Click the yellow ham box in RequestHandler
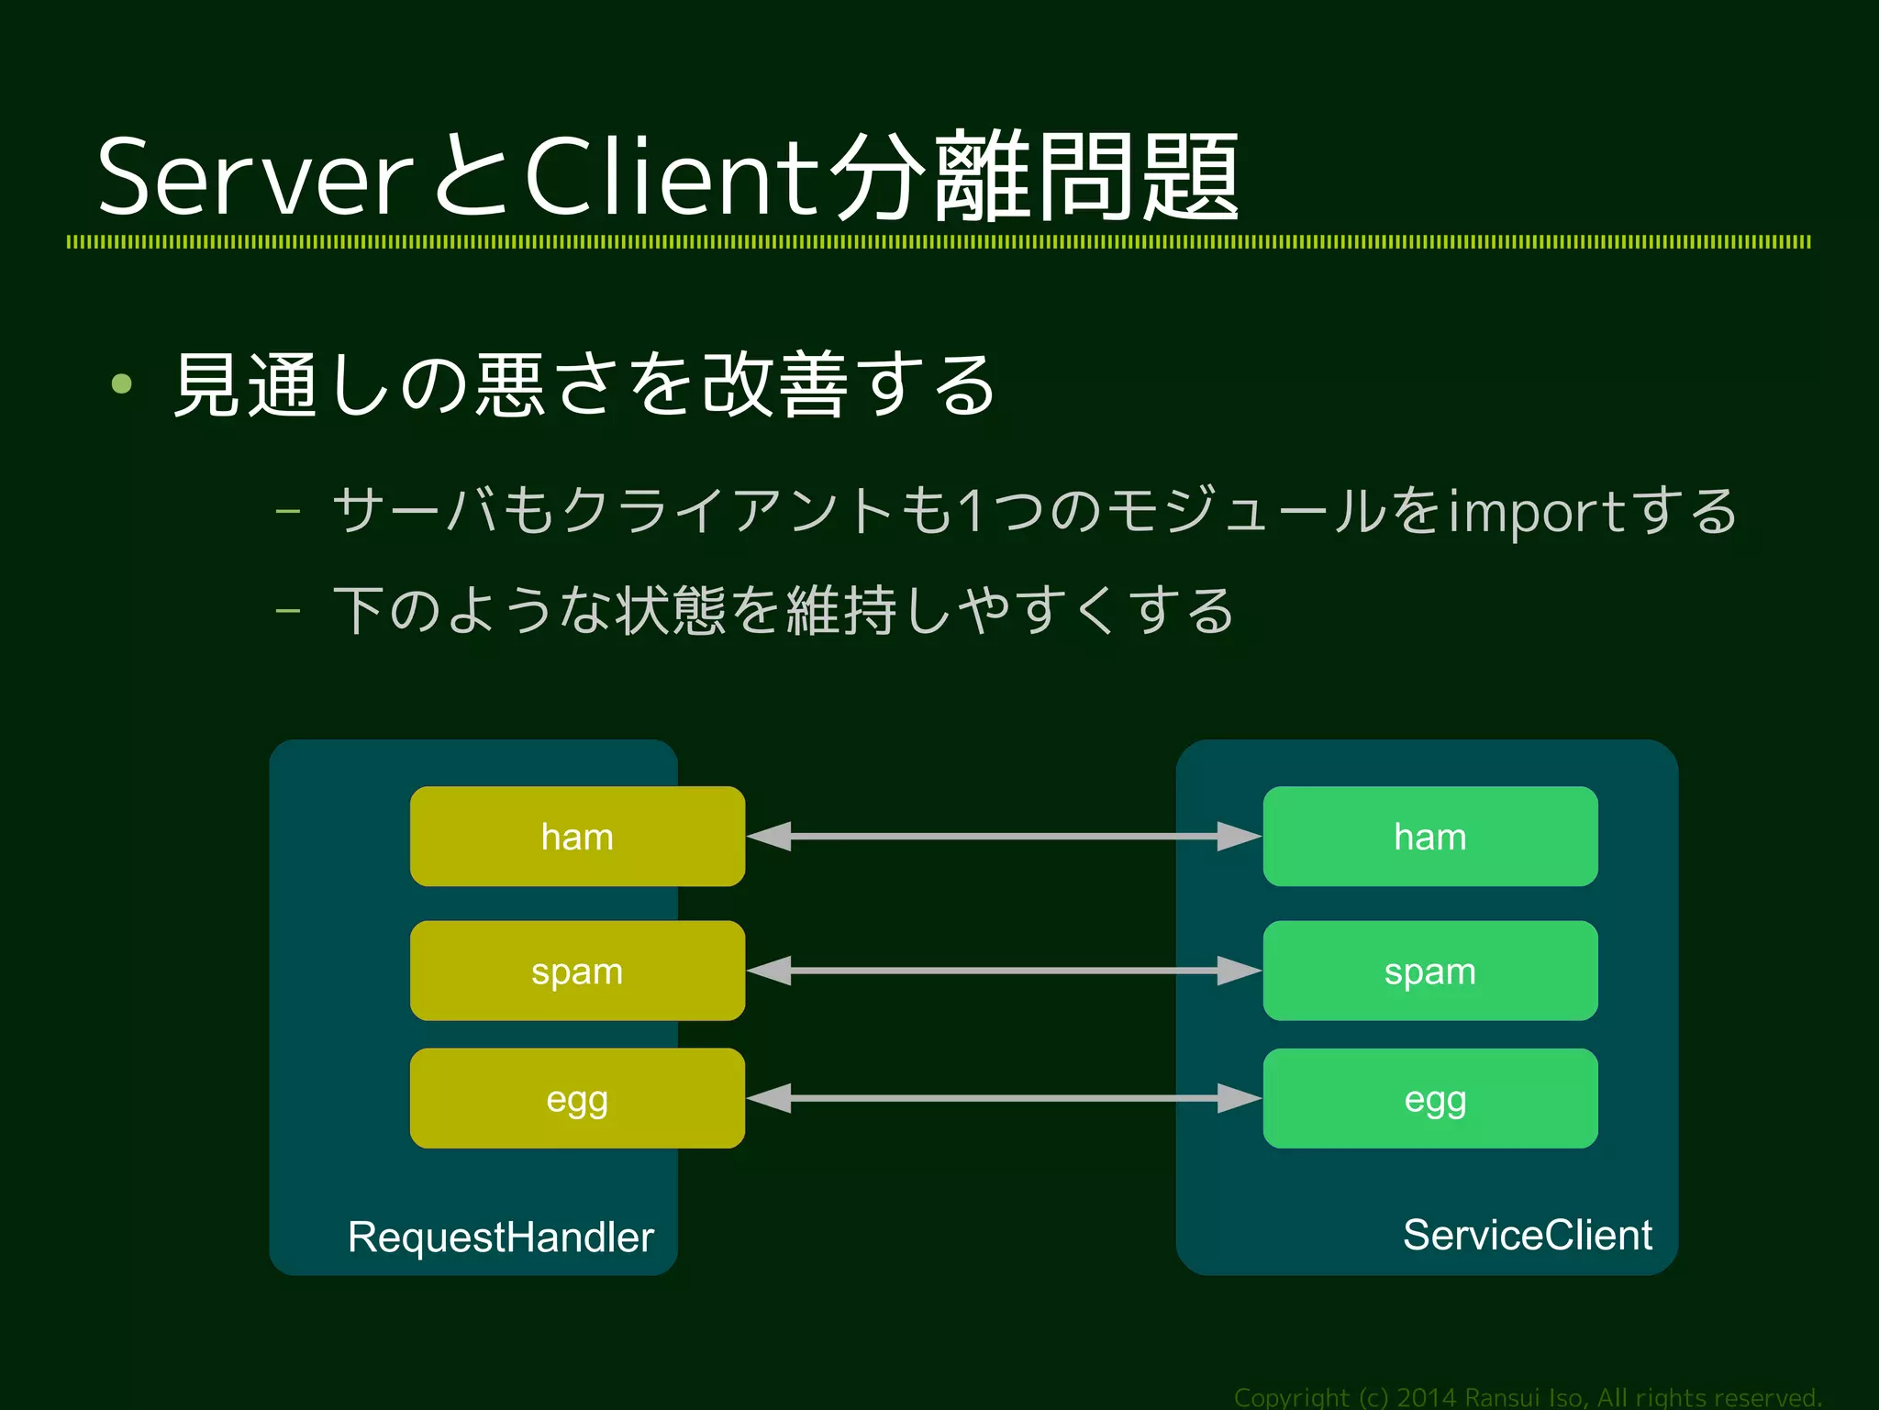pos(577,836)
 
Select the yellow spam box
pos(577,971)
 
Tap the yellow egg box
pos(577,1098)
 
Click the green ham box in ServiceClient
pos(1430,836)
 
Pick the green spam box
pos(1430,971)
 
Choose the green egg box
pos(1430,1098)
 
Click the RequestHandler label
pos(501,1237)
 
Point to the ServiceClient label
pos(1527,1235)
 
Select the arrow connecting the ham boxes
pos(1004,837)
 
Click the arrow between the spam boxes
pos(1004,971)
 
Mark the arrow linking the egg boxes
pos(1004,1098)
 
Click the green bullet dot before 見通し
pos(121,383)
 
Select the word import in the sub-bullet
pos(1538,512)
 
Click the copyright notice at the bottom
pos(1527,1397)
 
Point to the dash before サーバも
pos(288,510)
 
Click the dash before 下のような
pos(288,610)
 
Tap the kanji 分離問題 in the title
pos(1034,176)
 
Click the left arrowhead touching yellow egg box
pos(769,1098)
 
